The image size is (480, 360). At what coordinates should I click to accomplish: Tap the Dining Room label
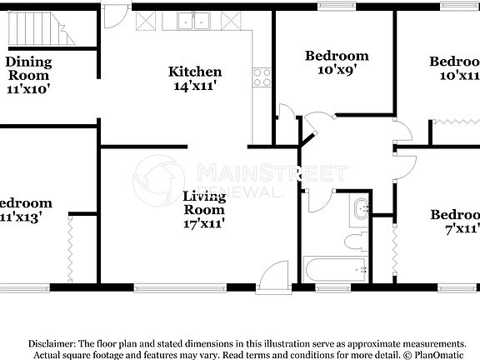pos(28,68)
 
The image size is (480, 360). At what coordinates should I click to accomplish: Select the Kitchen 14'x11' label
pos(195,78)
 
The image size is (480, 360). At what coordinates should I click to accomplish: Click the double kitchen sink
pos(196,21)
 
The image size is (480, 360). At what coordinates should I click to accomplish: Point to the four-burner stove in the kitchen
pos(263,77)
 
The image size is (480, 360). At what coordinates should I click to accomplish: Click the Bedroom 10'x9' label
pos(336,62)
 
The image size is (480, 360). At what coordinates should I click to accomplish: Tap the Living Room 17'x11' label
pos(204,209)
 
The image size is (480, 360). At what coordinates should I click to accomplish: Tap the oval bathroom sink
pos(361,208)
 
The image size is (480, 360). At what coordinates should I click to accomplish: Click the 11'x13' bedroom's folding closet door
pos(69,248)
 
